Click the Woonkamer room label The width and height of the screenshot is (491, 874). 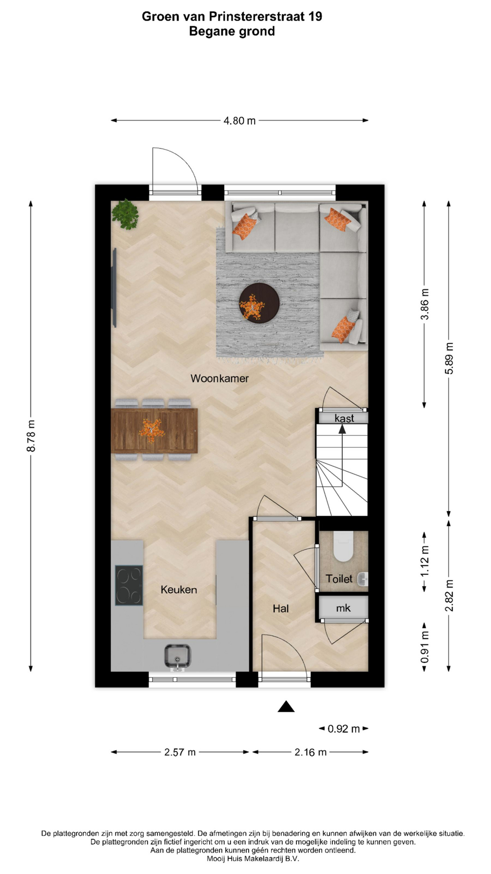[x=220, y=378]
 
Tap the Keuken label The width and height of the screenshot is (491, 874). [x=179, y=589]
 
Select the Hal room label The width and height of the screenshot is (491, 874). [x=281, y=609]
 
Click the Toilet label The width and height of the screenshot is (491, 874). [x=339, y=579]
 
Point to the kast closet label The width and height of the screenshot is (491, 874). [x=344, y=418]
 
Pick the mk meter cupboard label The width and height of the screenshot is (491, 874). [x=343, y=608]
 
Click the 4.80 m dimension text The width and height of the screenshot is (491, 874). [x=240, y=121]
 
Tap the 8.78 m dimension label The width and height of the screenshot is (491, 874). [x=31, y=436]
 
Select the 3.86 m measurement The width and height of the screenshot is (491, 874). [x=425, y=304]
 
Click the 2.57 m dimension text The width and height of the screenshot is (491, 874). [x=180, y=752]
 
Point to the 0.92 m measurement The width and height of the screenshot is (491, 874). [x=344, y=729]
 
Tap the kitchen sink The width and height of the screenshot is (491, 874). [x=178, y=656]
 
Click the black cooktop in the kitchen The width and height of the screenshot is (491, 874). [x=129, y=585]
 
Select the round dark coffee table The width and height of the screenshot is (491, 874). [x=259, y=303]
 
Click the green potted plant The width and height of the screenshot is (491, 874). [x=125, y=214]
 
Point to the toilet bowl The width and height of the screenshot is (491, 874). [x=343, y=546]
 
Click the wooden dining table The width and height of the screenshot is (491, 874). [x=154, y=431]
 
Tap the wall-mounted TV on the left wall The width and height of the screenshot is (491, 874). [x=115, y=288]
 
